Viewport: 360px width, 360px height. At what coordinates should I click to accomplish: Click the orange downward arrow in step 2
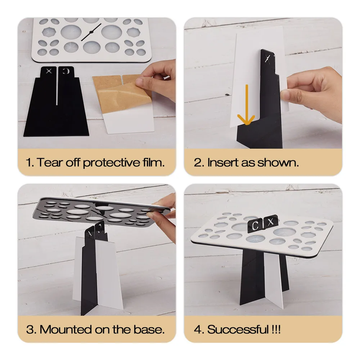[247, 104]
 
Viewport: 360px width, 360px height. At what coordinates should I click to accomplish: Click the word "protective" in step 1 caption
[111, 163]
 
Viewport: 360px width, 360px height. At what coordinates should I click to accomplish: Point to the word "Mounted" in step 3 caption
[66, 329]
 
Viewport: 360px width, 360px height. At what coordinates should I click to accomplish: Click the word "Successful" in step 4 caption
[238, 329]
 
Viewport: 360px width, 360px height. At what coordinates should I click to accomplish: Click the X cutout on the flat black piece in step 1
[49, 71]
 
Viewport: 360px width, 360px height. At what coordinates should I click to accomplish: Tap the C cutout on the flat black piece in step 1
[66, 71]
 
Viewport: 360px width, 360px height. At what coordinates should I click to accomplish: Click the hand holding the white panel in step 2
[314, 94]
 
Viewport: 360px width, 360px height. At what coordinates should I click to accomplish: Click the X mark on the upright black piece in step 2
[267, 58]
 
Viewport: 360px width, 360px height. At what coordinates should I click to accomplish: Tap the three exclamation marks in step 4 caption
[276, 329]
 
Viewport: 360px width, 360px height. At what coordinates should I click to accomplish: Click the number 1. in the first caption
[30, 163]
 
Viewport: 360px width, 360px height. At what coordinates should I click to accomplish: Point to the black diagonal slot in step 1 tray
[91, 32]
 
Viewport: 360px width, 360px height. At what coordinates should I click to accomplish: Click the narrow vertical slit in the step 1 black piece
[57, 87]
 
